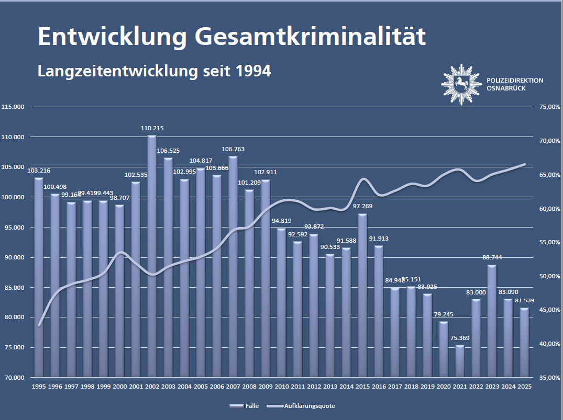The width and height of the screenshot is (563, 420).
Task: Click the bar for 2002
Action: [152, 256]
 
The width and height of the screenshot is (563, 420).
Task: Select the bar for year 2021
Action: [460, 361]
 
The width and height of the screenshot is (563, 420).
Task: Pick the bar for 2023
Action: [492, 321]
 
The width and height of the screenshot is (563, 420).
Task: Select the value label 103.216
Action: [39, 171]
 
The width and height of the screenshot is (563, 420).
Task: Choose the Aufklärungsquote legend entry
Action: [309, 406]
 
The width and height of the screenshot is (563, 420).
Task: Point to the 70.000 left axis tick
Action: [15, 377]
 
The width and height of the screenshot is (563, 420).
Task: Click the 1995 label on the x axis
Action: [39, 387]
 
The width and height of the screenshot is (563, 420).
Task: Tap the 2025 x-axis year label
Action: [524, 387]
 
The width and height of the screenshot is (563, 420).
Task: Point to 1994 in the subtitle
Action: [253, 71]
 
